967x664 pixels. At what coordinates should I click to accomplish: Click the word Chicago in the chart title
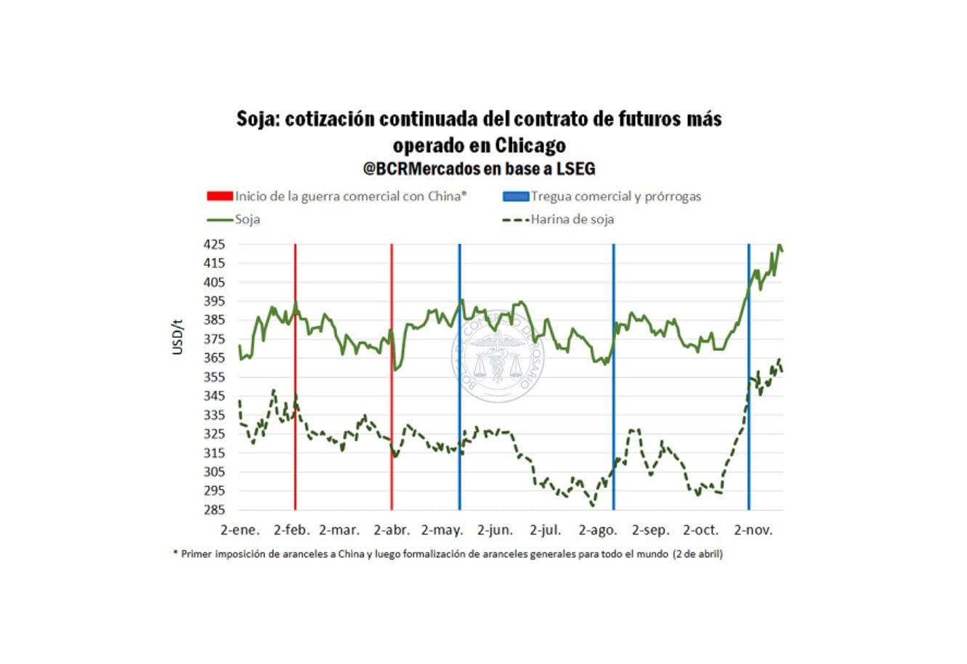pyautogui.click(x=530, y=145)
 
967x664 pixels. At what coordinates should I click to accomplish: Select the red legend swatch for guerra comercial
pyautogui.click(x=219, y=196)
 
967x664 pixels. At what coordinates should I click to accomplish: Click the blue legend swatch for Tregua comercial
pyautogui.click(x=515, y=196)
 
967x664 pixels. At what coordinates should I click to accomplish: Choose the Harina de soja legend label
pyautogui.click(x=572, y=219)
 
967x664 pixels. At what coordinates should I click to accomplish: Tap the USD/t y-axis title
pyautogui.click(x=178, y=336)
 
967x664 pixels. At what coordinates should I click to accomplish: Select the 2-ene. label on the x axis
pyautogui.click(x=240, y=530)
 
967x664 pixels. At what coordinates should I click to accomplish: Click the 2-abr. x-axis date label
pyautogui.click(x=392, y=530)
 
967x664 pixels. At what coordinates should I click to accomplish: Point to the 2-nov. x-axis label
pyautogui.click(x=753, y=530)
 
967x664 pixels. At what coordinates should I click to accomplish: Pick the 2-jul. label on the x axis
pyautogui.click(x=546, y=530)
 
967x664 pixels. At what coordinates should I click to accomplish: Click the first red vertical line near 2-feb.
pyautogui.click(x=295, y=436)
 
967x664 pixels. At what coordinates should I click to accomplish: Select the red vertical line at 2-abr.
pyautogui.click(x=392, y=436)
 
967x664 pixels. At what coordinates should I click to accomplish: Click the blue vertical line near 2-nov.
pyautogui.click(x=748, y=436)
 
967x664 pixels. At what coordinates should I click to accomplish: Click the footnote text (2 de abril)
pyautogui.click(x=697, y=554)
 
